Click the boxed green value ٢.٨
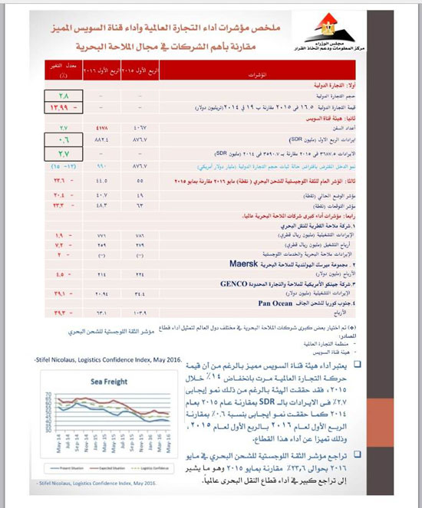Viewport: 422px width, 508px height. pyautogui.click(x=63, y=96)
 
